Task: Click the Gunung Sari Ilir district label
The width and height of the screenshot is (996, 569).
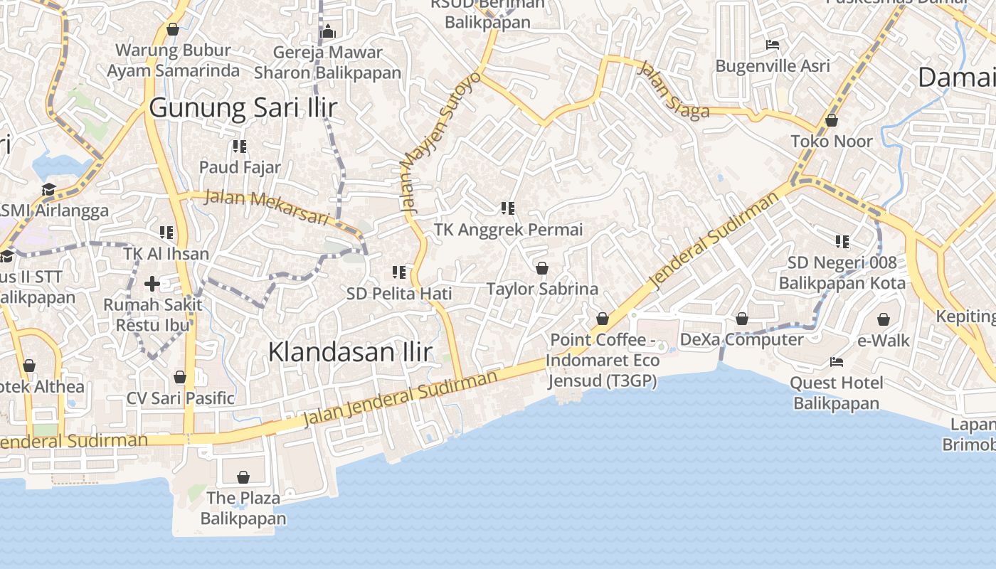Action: pos(243,108)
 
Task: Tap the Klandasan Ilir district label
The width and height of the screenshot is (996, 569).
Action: pos(350,351)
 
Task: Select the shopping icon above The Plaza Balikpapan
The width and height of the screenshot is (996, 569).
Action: pos(243,477)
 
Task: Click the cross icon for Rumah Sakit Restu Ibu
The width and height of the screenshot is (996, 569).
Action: pos(152,284)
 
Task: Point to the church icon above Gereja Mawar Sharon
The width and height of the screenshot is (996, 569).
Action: pos(328,31)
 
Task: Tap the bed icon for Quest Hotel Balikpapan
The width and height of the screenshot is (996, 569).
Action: pos(837,362)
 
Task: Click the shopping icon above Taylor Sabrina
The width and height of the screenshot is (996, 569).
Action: pos(542,268)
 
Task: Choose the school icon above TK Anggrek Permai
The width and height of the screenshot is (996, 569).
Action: pos(508,208)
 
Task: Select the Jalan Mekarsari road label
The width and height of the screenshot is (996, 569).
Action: pos(267,207)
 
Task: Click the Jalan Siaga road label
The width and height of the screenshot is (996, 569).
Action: pos(674,90)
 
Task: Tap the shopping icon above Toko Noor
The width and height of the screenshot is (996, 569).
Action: pos(832,120)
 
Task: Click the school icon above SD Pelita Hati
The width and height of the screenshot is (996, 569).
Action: pos(399,272)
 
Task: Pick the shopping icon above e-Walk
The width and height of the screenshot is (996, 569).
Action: pos(884,319)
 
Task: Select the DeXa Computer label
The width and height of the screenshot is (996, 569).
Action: pos(742,340)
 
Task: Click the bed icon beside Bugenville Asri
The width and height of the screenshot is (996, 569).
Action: pos(773,45)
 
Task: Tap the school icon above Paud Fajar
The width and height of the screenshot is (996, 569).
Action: pos(240,147)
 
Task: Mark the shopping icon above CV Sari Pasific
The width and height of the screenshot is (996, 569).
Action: pos(180,376)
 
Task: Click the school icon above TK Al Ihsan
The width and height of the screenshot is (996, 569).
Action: pos(166,232)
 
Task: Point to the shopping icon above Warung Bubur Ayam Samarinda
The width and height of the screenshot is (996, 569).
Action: pos(172,29)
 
